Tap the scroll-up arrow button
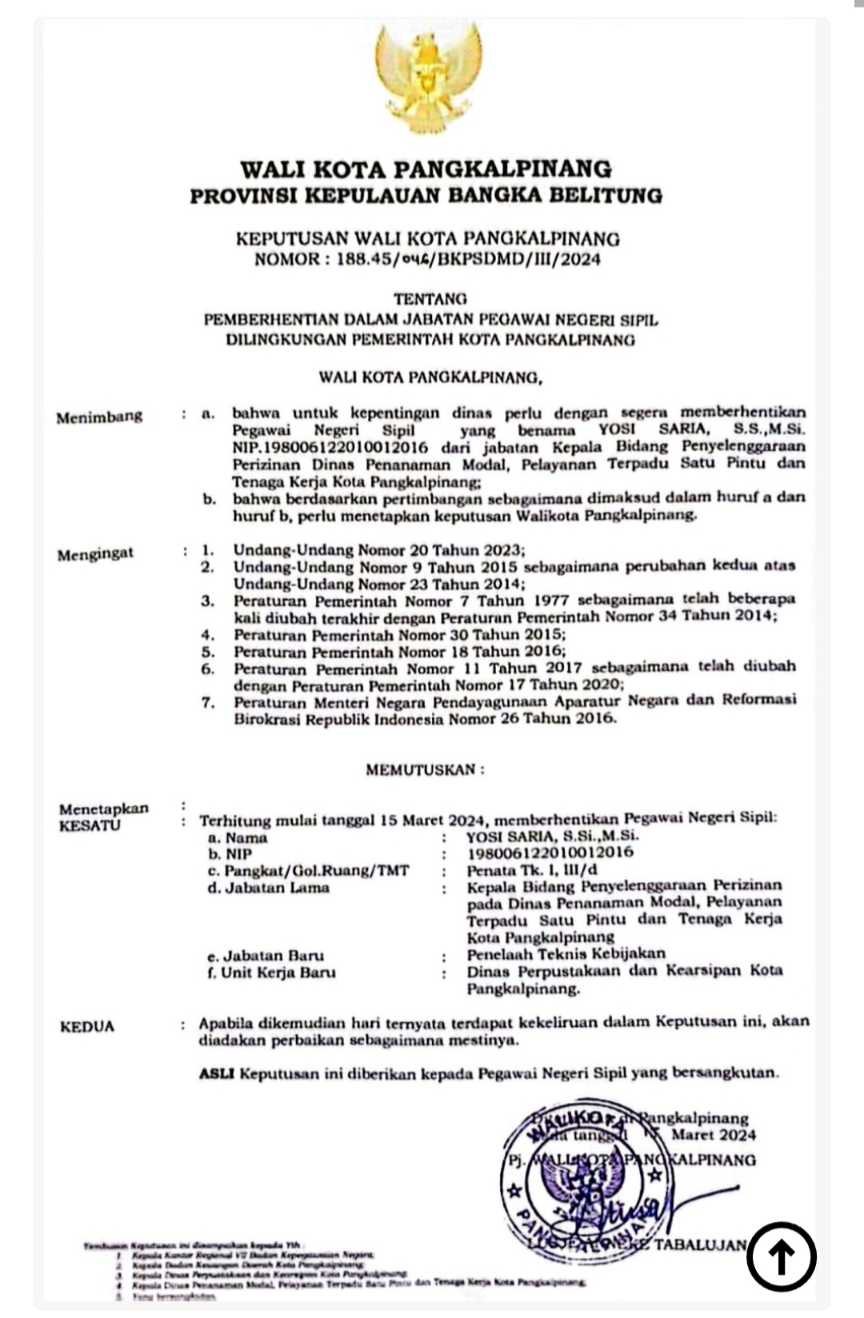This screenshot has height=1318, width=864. coord(781,1256)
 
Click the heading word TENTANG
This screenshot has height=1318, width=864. coord(430,299)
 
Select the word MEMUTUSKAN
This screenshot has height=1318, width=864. coord(425,770)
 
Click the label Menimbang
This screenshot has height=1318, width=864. coord(99,417)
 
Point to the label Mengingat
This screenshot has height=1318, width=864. coord(95,554)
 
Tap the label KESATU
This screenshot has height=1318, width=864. coord(90,825)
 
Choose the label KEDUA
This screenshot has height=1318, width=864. coord(87,1026)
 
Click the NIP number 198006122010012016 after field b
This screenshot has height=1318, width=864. coord(550,853)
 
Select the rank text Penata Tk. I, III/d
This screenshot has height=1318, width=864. coord(532,870)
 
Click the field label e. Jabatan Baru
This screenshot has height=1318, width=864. coord(266,956)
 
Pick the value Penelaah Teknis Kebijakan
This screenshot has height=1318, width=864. coord(566,953)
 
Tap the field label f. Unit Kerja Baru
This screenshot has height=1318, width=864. coord(271,973)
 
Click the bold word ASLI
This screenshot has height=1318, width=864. coord(216,1073)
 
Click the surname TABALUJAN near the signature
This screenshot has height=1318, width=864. coord(701,1245)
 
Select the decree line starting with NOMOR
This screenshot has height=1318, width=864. coord(427,259)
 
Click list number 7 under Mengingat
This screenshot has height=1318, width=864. coord(209,703)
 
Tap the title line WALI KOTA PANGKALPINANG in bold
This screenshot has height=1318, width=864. coord(426,169)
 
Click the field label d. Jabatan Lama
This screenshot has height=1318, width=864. coord(268,888)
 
